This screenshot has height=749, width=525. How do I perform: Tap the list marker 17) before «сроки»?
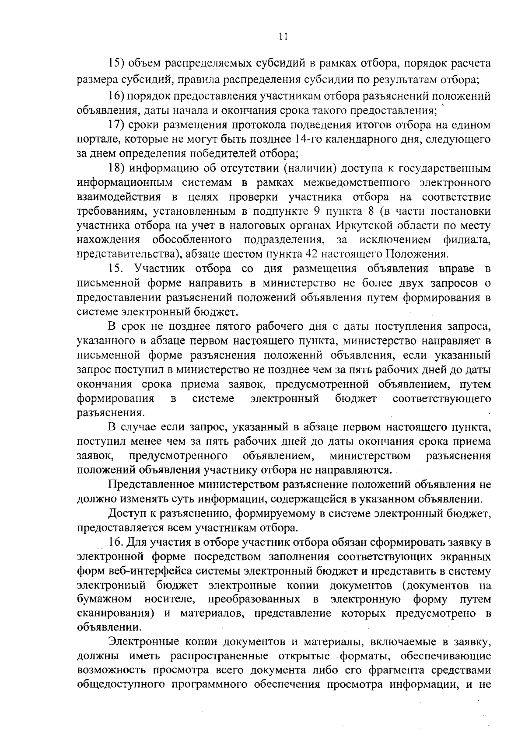point(117,125)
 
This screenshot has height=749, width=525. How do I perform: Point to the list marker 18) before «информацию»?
point(117,168)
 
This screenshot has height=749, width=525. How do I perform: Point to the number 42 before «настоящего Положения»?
point(312,254)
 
